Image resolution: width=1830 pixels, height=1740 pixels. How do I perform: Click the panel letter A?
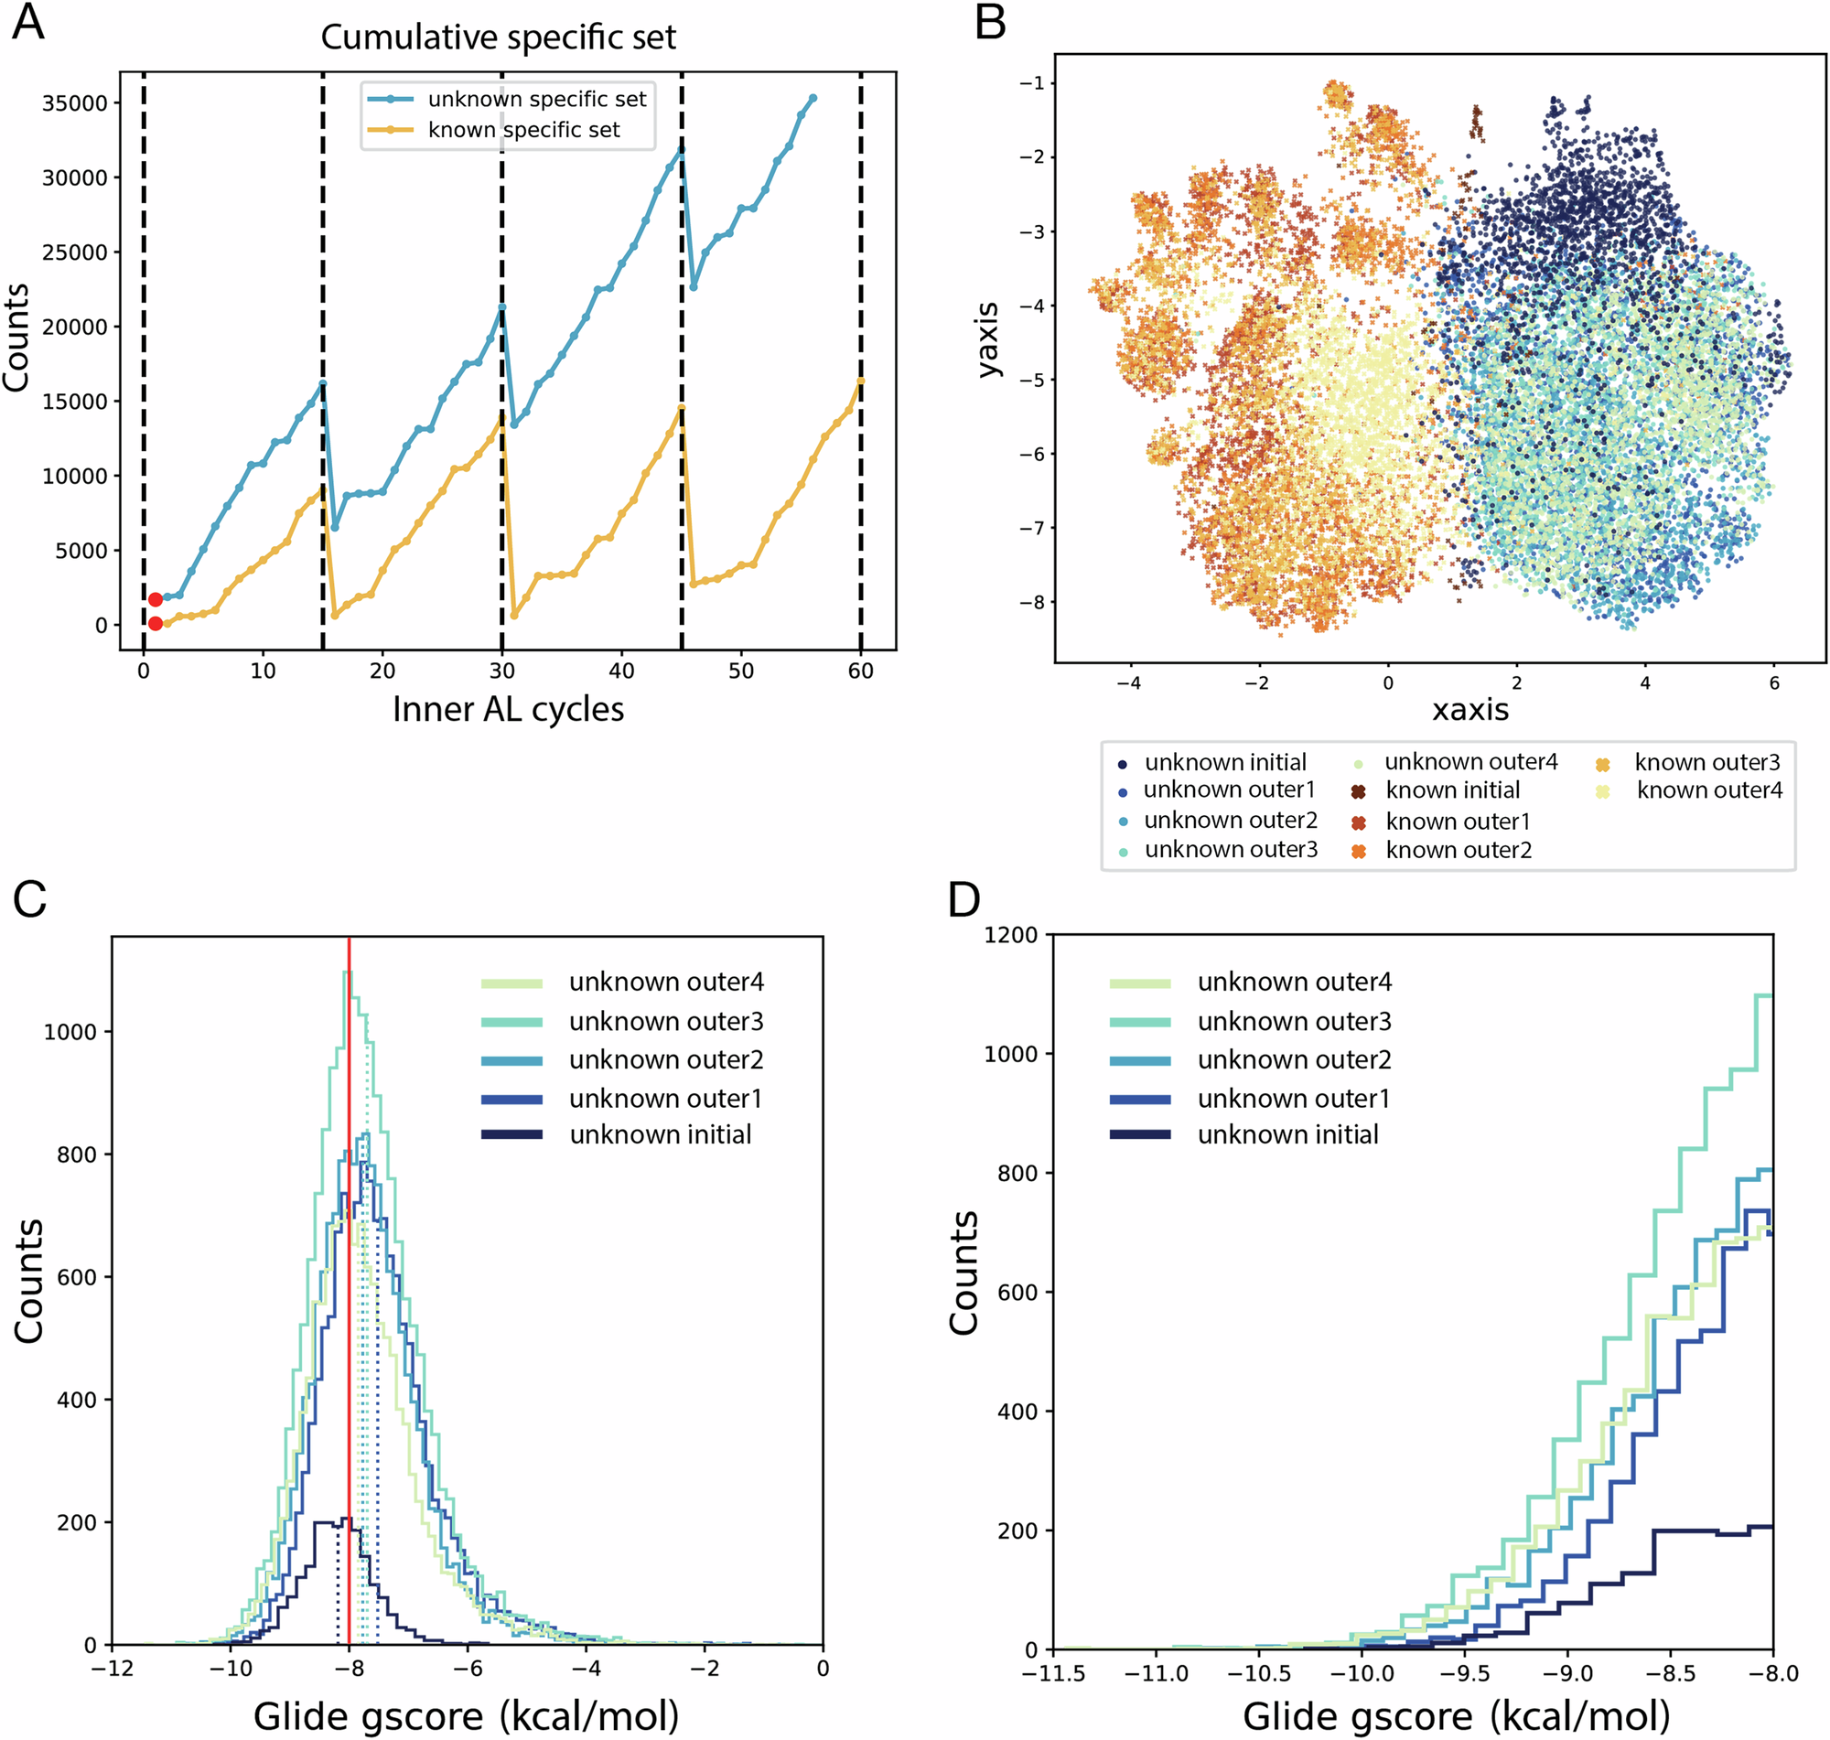pyautogui.click(x=27, y=22)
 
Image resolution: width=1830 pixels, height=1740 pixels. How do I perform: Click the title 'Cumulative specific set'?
pyautogui.click(x=498, y=38)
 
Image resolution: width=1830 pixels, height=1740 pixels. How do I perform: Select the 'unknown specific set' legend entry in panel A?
pyautogui.click(x=536, y=99)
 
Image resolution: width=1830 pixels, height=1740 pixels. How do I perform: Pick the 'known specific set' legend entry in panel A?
pyautogui.click(x=523, y=130)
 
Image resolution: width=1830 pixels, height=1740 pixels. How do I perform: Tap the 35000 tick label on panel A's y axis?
pyautogui.click(x=75, y=103)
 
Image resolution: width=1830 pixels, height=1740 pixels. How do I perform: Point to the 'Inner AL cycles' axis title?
pyautogui.click(x=507, y=710)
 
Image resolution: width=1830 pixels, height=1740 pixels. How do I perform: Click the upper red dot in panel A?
pyautogui.click(x=156, y=599)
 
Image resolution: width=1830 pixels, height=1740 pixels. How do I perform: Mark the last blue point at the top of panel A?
pyautogui.click(x=813, y=97)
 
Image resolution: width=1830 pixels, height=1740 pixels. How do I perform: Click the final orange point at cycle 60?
pyautogui.click(x=861, y=381)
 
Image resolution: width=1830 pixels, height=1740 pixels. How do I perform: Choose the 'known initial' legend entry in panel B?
pyautogui.click(x=1451, y=790)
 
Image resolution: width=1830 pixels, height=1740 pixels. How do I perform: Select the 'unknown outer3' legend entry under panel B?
pyautogui.click(x=1230, y=850)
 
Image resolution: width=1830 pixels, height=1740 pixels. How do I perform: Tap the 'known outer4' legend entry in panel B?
pyautogui.click(x=1708, y=790)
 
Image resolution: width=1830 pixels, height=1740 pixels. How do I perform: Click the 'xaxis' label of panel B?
pyautogui.click(x=1470, y=711)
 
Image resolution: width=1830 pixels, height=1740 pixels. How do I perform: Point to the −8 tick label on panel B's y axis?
pyautogui.click(x=1030, y=602)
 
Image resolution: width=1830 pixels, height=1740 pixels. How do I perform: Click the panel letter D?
pyautogui.click(x=963, y=898)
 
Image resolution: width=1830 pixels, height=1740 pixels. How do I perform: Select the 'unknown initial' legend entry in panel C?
pyautogui.click(x=661, y=1134)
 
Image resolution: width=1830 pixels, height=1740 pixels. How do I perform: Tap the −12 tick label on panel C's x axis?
pyautogui.click(x=112, y=1669)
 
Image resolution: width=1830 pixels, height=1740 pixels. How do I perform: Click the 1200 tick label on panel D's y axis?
pyautogui.click(x=1010, y=935)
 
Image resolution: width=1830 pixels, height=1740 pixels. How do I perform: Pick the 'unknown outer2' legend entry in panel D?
pyautogui.click(x=1294, y=1059)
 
